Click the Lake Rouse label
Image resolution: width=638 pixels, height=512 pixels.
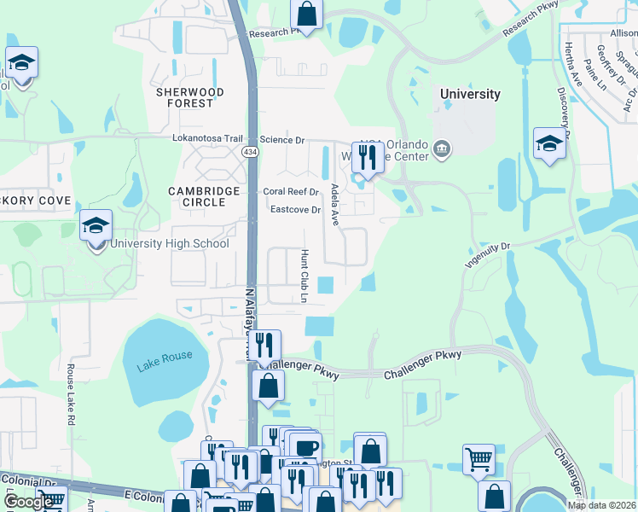click(x=165, y=355)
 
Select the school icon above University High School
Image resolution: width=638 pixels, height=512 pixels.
click(x=96, y=227)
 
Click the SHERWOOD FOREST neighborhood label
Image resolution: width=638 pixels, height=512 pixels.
click(x=190, y=97)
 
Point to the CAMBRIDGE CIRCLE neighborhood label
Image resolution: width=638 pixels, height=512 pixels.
click(x=197, y=196)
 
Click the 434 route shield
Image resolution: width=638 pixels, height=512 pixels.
click(x=250, y=151)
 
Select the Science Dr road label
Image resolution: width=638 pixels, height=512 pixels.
click(x=281, y=139)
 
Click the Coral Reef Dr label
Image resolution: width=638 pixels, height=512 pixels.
click(x=290, y=192)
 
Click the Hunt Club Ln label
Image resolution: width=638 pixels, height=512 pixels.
click(x=304, y=276)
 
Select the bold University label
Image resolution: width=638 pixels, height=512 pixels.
click(x=469, y=94)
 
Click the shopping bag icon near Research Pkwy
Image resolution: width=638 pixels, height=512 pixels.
click(x=306, y=15)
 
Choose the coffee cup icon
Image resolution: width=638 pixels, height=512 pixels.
click(x=305, y=448)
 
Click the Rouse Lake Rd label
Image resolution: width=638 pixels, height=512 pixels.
click(x=71, y=396)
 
